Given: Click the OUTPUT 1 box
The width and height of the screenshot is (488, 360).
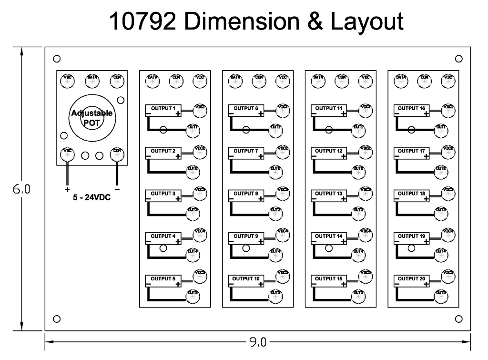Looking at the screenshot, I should (163, 111).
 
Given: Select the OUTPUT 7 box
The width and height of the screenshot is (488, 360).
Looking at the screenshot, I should (246, 153).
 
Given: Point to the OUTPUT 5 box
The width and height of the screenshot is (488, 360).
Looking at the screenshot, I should (163, 280).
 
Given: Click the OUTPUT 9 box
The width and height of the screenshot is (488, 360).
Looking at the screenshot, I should (246, 238).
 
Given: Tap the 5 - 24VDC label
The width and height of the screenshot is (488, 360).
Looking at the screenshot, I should (91, 197).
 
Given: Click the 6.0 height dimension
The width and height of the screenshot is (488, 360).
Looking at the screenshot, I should (21, 189).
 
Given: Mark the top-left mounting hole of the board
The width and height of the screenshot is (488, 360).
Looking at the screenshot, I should (57, 59).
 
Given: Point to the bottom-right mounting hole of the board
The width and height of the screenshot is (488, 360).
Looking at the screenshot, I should (459, 319).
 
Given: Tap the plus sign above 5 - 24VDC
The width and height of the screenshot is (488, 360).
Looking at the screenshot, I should (67, 189).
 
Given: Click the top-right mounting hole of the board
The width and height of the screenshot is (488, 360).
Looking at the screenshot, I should (459, 59).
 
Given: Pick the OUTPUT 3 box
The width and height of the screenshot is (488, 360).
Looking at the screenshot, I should (163, 195).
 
